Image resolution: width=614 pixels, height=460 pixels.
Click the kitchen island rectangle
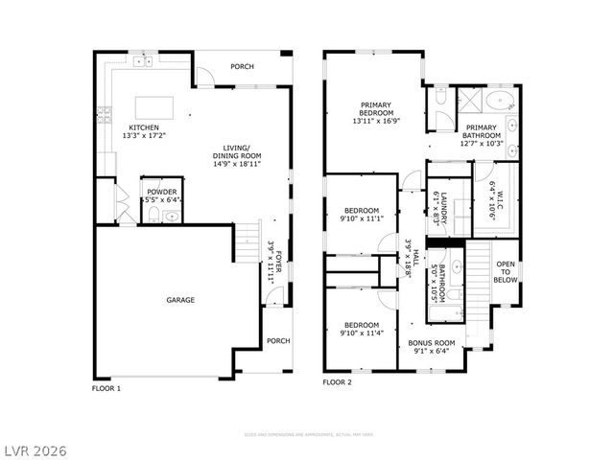[152, 104]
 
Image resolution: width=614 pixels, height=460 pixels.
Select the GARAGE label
[180, 300]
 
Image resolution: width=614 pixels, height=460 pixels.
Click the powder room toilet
[170, 217]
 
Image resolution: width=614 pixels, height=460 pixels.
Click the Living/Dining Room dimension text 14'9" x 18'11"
[237, 164]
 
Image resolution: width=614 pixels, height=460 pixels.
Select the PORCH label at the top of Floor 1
[242, 67]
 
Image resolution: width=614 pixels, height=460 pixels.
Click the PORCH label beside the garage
[278, 341]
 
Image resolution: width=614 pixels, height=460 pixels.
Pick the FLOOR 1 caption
[106, 389]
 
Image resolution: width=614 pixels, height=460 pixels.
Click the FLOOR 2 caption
[337, 381]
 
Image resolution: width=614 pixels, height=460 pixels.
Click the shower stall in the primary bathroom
[469, 100]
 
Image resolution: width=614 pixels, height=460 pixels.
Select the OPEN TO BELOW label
[506, 271]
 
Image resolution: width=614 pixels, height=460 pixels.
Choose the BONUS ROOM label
[432, 342]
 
